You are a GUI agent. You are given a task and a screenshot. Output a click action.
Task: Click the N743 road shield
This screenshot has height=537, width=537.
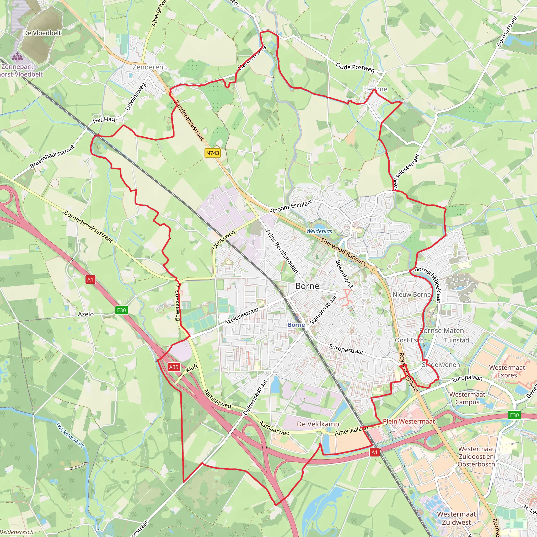tap(213, 153)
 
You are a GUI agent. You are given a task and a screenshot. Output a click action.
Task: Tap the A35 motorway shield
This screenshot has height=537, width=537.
tap(174, 367)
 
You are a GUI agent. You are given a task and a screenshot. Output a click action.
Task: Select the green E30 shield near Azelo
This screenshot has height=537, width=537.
tap(121, 310)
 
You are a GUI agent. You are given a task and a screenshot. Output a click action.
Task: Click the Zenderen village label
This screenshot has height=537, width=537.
tap(148, 67)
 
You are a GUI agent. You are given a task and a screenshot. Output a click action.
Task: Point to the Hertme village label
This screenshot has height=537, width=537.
tap(375, 89)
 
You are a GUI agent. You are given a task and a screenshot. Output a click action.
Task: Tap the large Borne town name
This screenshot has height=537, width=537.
tap(307, 286)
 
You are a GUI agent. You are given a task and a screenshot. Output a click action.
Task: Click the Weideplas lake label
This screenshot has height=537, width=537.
tap(319, 231)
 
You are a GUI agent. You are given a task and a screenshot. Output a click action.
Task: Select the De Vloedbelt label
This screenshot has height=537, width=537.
tap(42, 33)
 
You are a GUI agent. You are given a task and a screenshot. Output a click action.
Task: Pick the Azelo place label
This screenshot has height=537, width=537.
tap(85, 314)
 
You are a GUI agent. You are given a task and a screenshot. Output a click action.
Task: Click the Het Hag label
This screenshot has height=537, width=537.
tap(104, 120)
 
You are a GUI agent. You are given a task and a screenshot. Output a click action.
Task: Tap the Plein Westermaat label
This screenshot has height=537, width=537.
tap(409, 421)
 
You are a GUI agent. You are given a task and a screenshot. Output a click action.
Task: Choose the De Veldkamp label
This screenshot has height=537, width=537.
tap(318, 424)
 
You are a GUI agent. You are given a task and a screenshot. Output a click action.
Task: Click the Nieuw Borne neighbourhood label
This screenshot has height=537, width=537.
tap(411, 295)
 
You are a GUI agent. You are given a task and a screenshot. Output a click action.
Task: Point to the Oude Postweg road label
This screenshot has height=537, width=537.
tap(355, 68)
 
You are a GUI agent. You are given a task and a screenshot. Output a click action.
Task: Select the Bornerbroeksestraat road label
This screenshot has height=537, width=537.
tap(88, 227)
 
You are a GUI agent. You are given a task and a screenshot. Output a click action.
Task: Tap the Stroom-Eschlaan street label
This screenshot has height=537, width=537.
tap(292, 206)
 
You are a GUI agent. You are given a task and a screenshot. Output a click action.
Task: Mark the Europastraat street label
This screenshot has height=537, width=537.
tap(346, 349)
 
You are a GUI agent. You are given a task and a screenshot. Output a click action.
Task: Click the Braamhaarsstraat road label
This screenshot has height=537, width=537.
tap(52, 157)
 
